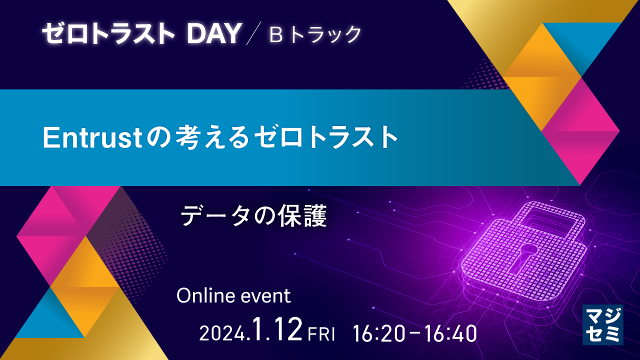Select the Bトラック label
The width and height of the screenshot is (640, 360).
315,34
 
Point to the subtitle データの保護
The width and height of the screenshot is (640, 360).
253,217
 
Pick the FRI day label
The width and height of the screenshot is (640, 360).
321,334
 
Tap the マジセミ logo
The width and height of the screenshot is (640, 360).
602,325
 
